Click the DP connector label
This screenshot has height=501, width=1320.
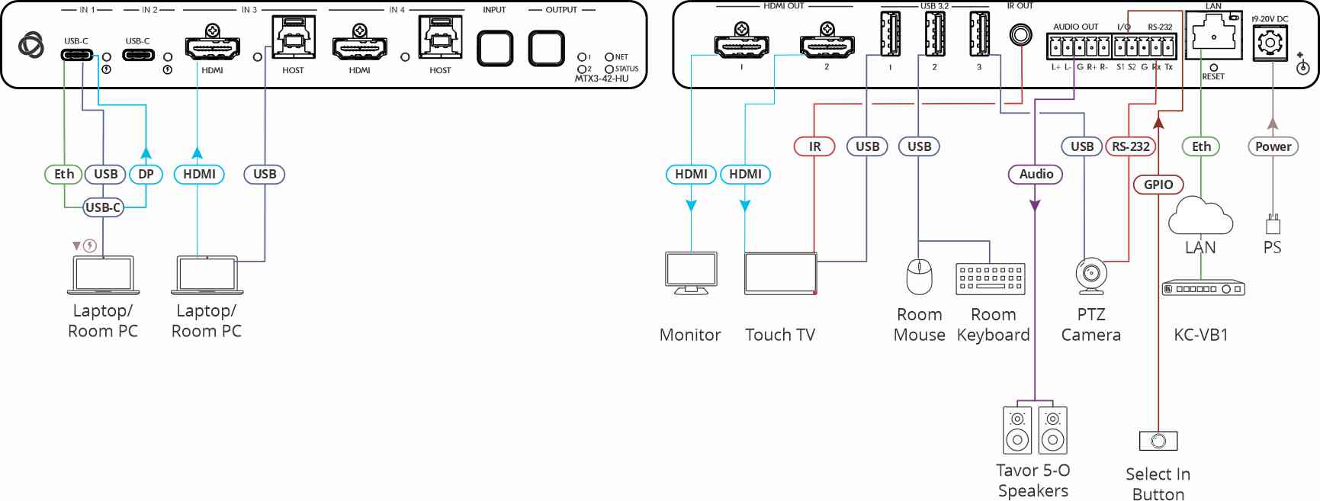coord(146,174)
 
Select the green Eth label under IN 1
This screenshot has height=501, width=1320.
coord(64,174)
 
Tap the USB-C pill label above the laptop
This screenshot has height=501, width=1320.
coord(103,207)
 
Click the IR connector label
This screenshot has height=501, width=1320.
coord(814,146)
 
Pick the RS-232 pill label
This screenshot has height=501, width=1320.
coord(1130,146)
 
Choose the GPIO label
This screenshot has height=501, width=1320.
coord(1158,185)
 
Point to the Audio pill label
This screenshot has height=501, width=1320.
coord(1036,174)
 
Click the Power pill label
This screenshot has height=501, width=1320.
coord(1273,146)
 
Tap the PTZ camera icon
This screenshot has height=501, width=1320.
coord(1091,276)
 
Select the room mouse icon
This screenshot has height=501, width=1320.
coord(919,276)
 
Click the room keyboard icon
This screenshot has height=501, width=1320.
coord(991,279)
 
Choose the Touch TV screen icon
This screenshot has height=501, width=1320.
coord(781,273)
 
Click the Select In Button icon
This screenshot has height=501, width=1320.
coord(1158,441)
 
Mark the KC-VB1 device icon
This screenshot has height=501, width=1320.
coord(1203,289)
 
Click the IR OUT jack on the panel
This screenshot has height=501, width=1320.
coord(1020,34)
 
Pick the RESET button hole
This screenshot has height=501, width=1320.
coord(1213,67)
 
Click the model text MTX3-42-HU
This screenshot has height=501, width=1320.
coord(602,79)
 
